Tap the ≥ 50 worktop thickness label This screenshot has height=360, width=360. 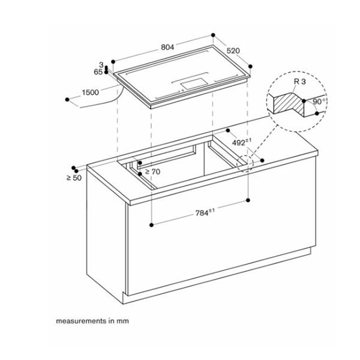click(74, 178)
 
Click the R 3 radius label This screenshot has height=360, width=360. click(292, 81)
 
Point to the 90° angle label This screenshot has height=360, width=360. click(318, 101)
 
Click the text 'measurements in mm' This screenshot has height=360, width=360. click(92, 321)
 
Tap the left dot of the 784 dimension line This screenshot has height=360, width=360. click(153, 224)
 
